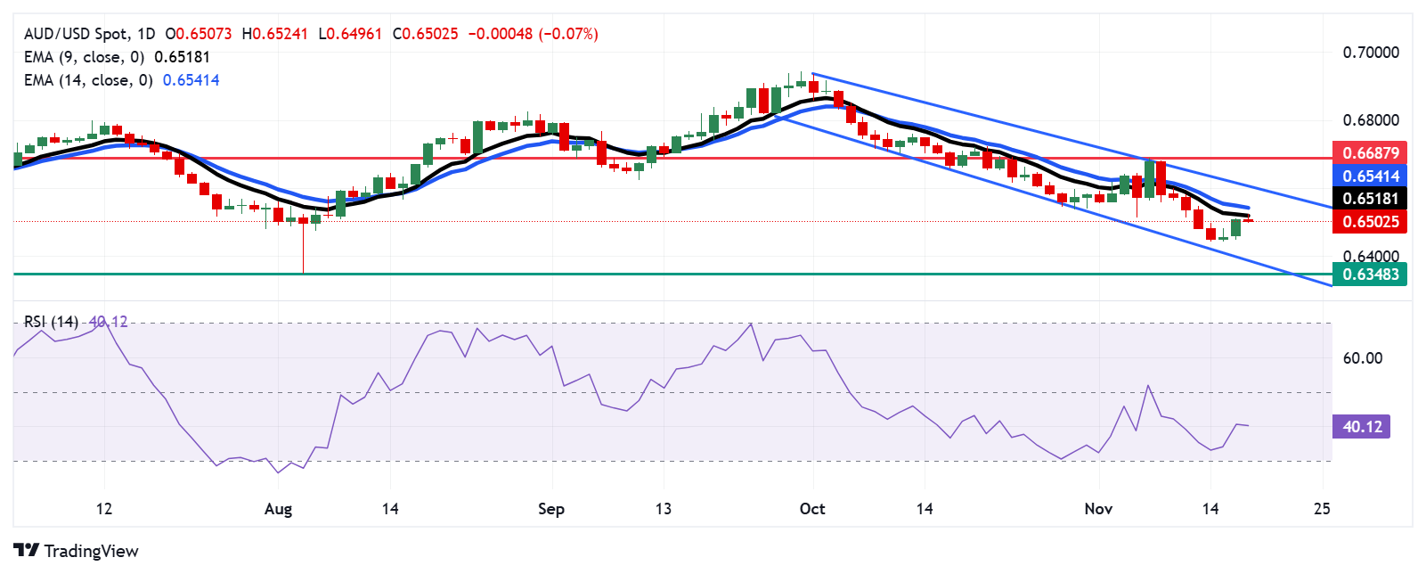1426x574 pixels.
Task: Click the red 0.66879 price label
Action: click(1369, 152)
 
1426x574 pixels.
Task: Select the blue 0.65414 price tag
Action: click(1369, 176)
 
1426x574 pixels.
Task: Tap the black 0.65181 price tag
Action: click(1369, 198)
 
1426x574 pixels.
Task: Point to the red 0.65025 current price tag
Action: click(1369, 221)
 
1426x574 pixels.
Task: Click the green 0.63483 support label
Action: click(1369, 274)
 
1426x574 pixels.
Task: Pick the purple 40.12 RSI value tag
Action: click(1361, 427)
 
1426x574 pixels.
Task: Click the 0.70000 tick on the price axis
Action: click(1370, 53)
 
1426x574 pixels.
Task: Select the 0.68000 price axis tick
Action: click(1370, 120)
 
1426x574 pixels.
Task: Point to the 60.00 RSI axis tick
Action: click(1362, 358)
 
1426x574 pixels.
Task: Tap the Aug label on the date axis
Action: click(278, 509)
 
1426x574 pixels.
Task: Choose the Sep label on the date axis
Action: click(551, 509)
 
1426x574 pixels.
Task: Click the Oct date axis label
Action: click(812, 509)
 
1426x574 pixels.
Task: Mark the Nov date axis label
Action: click(1098, 509)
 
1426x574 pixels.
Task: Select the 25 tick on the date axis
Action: click(1322, 509)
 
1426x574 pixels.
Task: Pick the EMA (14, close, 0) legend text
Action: click(88, 80)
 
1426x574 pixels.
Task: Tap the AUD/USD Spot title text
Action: click(76, 34)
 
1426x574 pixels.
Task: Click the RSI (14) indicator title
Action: click(51, 322)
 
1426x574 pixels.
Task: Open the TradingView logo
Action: click(77, 551)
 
